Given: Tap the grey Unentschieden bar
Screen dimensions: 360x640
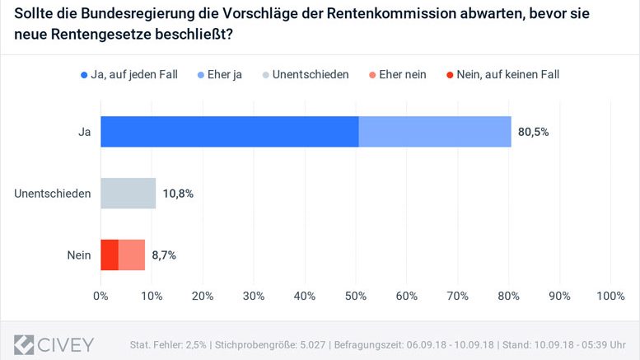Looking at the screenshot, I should (x=128, y=194).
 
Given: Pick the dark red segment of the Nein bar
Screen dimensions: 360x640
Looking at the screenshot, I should (x=110, y=255).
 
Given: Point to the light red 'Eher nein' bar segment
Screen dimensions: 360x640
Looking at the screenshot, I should (x=132, y=255).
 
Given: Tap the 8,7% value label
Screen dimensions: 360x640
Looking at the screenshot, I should (x=165, y=255).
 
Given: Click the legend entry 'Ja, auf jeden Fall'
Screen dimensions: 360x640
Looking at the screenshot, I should (x=132, y=75).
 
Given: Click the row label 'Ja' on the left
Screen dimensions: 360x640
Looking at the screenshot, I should (x=83, y=132).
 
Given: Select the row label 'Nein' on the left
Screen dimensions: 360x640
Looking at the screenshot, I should (x=78, y=255).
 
